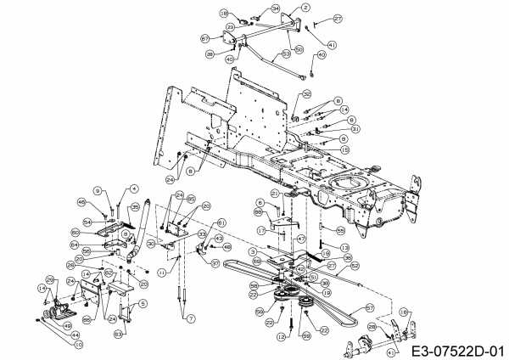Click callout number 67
(x=206, y=38)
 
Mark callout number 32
(x=307, y=93)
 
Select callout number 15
(x=344, y=149)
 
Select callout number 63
(x=119, y=335)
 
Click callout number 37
(x=215, y=264)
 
